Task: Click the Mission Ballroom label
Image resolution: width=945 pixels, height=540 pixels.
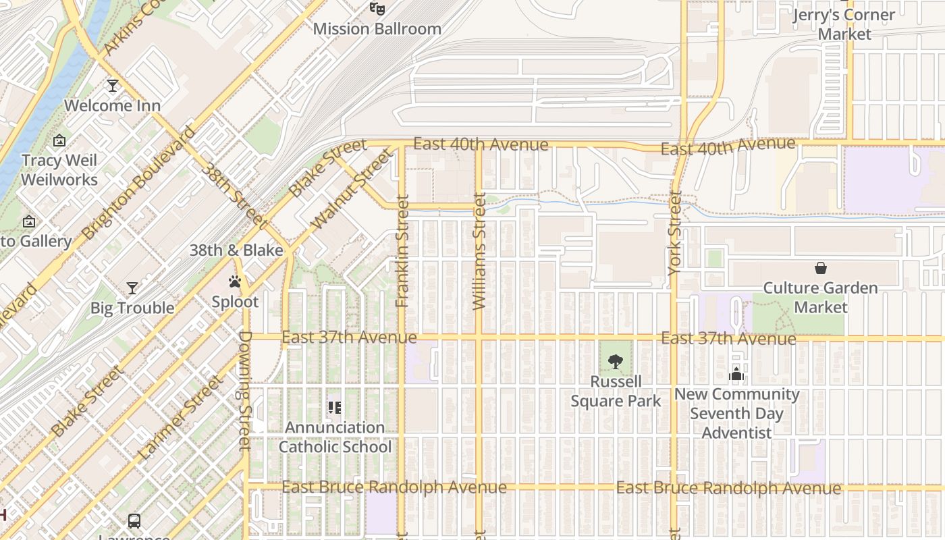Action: pyautogui.click(x=377, y=29)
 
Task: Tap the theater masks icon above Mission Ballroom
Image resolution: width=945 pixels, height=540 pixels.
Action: pyautogui.click(x=377, y=9)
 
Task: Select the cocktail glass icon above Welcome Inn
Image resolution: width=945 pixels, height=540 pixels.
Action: pyautogui.click(x=113, y=86)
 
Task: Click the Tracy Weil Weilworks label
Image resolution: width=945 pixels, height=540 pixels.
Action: pyautogui.click(x=59, y=170)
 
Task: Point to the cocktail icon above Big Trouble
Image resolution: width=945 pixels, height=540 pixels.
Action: pyautogui.click(x=132, y=288)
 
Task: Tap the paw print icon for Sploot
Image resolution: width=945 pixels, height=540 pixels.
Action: pyautogui.click(x=235, y=281)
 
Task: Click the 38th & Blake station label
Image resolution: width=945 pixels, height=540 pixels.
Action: pyautogui.click(x=236, y=250)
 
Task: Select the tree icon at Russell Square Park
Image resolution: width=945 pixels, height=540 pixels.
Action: pyautogui.click(x=615, y=362)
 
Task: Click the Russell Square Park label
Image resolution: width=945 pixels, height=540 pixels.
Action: pyautogui.click(x=616, y=391)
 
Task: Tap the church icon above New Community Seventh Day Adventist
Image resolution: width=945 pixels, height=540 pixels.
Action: pyautogui.click(x=736, y=374)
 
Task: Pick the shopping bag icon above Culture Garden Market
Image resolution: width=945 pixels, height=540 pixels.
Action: pyautogui.click(x=820, y=269)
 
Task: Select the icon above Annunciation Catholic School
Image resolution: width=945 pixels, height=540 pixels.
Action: pyautogui.click(x=335, y=408)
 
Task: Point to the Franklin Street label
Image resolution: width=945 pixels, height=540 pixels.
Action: pyautogui.click(x=402, y=251)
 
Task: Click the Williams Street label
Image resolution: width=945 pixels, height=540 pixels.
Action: pyautogui.click(x=479, y=251)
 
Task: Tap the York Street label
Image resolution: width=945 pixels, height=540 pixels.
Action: pyautogui.click(x=674, y=234)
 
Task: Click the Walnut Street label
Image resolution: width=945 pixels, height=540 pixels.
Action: pyautogui.click(x=352, y=190)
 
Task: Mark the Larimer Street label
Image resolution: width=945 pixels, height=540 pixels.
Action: pyautogui.click(x=179, y=418)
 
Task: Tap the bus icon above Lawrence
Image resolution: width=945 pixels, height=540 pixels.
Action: pyautogui.click(x=134, y=520)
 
